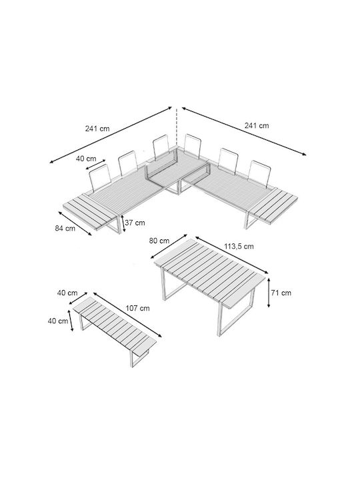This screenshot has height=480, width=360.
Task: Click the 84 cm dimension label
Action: pyautogui.click(x=65, y=229)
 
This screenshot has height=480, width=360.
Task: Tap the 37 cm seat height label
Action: pyautogui.click(x=135, y=223)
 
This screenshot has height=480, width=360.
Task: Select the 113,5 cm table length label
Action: pyautogui.click(x=239, y=246)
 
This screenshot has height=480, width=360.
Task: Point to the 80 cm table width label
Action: pyautogui.click(x=159, y=241)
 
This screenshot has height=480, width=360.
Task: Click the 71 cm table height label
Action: pyautogui.click(x=281, y=293)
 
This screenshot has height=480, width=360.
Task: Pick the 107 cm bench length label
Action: pyautogui.click(x=138, y=308)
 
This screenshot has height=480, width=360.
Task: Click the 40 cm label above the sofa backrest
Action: pyautogui.click(x=86, y=159)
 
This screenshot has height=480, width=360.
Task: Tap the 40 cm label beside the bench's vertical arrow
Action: pyautogui.click(x=58, y=321)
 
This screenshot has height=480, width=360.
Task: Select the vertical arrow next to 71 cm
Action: pyautogui.click(x=269, y=293)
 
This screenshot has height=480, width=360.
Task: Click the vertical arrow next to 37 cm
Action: pyautogui.click(x=123, y=223)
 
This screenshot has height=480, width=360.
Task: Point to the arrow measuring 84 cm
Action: pyautogui.click(x=75, y=223)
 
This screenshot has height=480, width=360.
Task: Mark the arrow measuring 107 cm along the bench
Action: pyautogui.click(x=127, y=315)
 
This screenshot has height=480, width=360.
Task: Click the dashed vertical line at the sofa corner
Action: pyautogui.click(x=176, y=129)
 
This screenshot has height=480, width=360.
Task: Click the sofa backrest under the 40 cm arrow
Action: pyautogui.click(x=100, y=178)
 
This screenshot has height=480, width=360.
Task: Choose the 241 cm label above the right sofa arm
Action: pyautogui.click(x=257, y=125)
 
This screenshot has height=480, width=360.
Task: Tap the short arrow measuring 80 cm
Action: pyautogui.click(x=169, y=247)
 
